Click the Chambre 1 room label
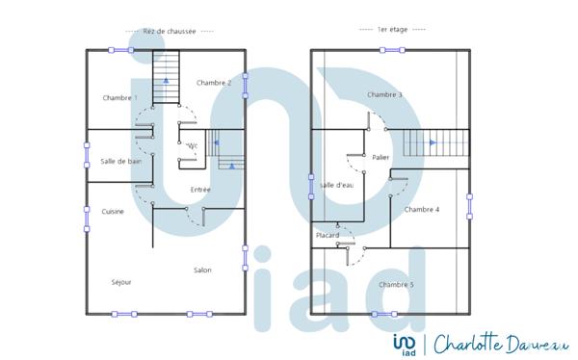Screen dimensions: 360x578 (x=119, y=98)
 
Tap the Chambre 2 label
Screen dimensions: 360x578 (x=214, y=83)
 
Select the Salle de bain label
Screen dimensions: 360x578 (x=120, y=161)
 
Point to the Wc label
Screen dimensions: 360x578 (x=192, y=145)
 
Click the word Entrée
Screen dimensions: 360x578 (x=200, y=190)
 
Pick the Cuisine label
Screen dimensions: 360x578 (x=113, y=211)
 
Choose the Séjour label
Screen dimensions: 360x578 (x=121, y=282)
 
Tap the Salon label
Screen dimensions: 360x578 (x=202, y=270)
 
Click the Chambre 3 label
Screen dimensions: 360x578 (x=384, y=94)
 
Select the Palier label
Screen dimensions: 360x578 (x=381, y=156)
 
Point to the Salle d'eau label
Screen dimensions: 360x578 (x=337, y=185)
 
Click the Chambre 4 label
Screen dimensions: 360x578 (x=421, y=209)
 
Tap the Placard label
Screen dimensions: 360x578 (x=328, y=236)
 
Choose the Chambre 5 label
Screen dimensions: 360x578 (x=396, y=284)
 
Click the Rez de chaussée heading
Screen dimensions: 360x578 (x=169, y=31)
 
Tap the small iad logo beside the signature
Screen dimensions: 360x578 (x=406, y=344)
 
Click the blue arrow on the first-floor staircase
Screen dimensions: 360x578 (x=433, y=142)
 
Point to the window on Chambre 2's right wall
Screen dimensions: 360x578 (x=246, y=85)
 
